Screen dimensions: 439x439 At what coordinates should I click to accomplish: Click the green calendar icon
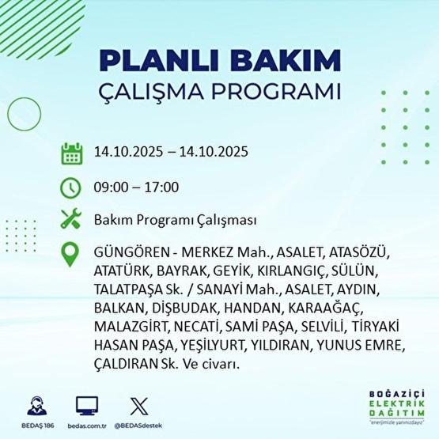72,153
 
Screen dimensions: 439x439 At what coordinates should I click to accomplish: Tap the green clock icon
72,187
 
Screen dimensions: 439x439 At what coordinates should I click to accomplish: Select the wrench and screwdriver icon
72,221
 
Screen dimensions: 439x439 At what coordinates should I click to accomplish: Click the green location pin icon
72,255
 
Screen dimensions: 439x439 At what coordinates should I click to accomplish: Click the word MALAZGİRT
129,327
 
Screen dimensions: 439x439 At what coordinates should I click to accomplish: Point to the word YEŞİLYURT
213,346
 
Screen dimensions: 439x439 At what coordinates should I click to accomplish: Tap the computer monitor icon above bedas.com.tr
87,405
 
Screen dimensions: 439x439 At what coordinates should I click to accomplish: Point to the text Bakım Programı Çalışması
175,221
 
